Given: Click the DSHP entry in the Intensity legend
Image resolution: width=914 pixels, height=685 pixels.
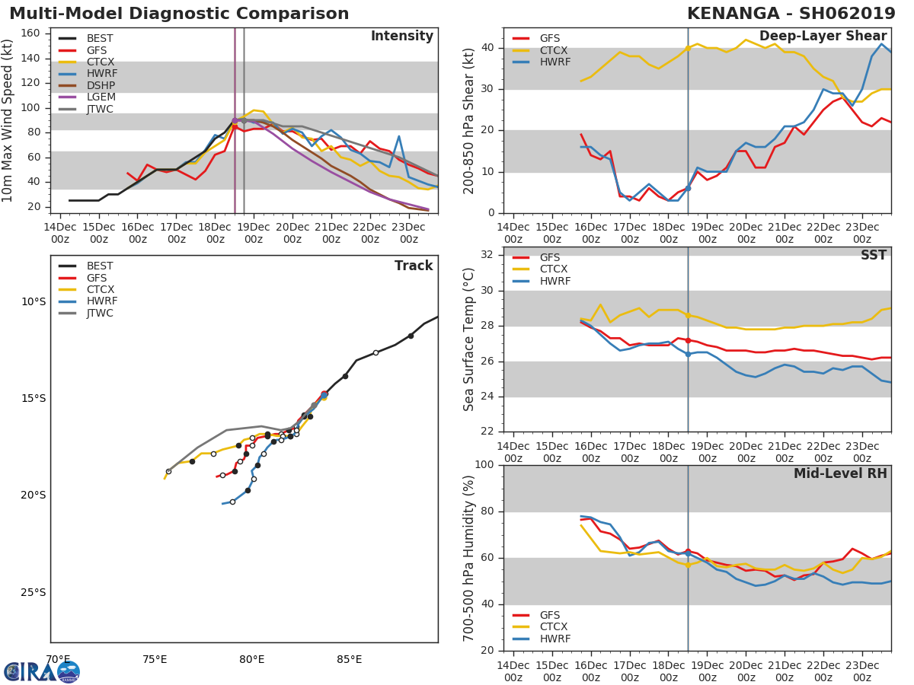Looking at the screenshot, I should [x=99, y=86].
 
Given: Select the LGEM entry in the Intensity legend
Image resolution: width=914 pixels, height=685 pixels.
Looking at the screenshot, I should [x=99, y=97].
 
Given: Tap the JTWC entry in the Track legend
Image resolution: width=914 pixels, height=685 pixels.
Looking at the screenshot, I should [x=100, y=313].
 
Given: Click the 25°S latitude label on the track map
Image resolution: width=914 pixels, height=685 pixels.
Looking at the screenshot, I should [x=34, y=592].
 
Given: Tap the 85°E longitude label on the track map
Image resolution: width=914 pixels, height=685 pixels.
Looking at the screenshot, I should [x=349, y=659].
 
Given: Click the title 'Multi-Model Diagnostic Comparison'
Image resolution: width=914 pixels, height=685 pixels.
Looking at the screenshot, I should [x=179, y=14].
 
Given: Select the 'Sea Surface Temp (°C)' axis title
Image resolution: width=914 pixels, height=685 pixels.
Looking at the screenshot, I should [x=468, y=339].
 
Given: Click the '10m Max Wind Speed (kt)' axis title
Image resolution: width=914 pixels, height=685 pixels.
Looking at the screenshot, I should [x=8, y=120].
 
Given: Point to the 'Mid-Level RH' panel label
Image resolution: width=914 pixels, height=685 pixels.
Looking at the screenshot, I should [x=840, y=474].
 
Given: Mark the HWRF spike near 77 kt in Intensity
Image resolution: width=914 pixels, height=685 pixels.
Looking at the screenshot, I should [x=399, y=137].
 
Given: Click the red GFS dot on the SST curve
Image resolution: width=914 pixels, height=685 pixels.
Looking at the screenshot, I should [x=688, y=340].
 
